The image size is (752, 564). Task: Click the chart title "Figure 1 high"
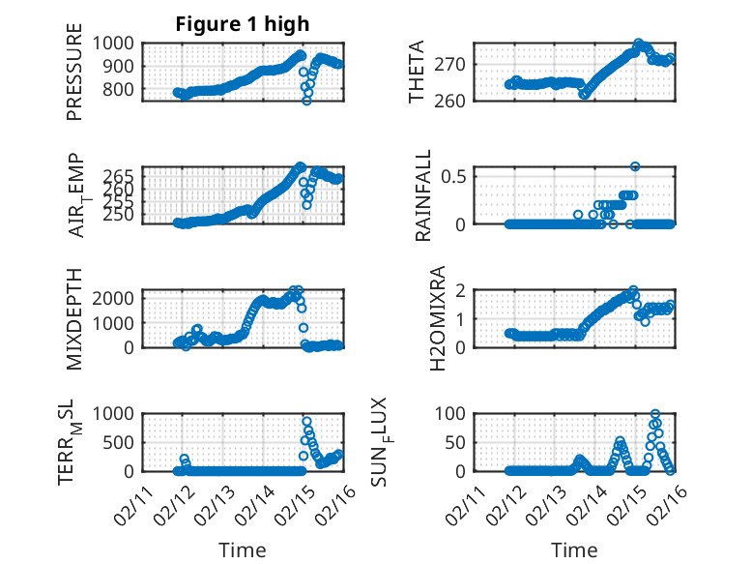(243, 25)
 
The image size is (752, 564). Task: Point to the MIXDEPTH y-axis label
(74, 317)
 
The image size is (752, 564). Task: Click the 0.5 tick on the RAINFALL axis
(453, 175)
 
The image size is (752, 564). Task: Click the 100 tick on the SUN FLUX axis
(454, 413)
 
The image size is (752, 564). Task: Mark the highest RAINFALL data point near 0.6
(635, 166)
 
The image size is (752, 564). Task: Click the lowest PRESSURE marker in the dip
(306, 100)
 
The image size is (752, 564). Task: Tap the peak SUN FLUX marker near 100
(655, 414)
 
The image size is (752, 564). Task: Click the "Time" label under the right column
(574, 550)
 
